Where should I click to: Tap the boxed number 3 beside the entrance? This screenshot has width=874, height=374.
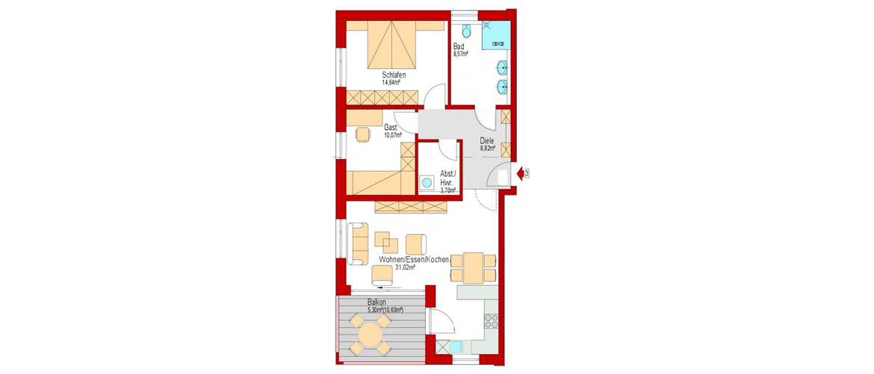point(527,174)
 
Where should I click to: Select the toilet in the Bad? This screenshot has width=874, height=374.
point(467,31)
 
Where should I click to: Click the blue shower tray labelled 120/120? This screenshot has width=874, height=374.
point(495,37)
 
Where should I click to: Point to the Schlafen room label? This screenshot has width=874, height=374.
point(393,75)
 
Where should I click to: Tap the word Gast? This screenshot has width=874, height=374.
point(391,128)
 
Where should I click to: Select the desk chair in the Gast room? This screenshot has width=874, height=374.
point(362,135)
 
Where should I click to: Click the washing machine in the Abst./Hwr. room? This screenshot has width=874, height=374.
point(427,182)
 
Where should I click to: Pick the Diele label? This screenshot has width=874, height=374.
point(487,140)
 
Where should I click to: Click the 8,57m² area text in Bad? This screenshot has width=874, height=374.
point(460,54)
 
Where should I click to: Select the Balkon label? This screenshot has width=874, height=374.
point(376,302)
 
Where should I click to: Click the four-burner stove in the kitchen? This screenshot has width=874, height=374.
point(492,321)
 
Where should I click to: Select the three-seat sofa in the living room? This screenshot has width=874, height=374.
point(357,243)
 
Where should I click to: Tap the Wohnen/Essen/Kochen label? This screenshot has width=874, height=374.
point(413,259)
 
